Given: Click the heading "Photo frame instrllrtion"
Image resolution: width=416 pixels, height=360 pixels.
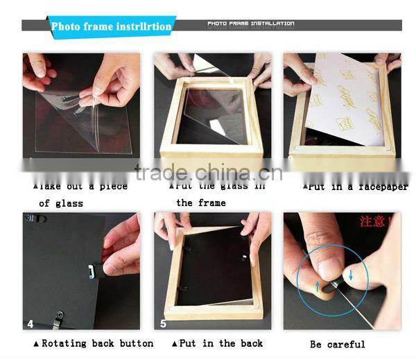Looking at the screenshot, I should coord(111,27).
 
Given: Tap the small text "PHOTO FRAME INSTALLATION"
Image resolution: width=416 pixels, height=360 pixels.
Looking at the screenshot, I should coord(250,24).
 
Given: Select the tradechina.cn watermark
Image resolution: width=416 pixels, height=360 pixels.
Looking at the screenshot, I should coord(208,172).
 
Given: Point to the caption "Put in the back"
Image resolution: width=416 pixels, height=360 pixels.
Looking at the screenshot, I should coord(216,343).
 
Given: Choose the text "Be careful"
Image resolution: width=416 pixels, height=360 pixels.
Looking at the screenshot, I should coord(338,344).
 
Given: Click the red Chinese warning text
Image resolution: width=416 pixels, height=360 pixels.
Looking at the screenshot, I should coord(375,222).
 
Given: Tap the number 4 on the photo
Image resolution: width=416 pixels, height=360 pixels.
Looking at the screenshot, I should coord(30,323).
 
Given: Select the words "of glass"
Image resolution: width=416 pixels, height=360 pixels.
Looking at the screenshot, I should coord(60,203).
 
